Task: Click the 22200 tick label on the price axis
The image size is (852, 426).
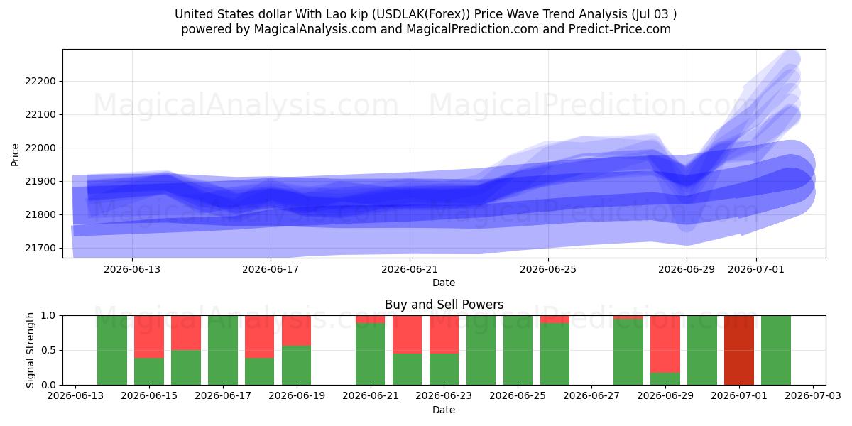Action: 40,81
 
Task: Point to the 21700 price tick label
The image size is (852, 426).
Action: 40,248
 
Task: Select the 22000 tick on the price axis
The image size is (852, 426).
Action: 40,148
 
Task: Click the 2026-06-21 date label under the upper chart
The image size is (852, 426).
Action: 410,269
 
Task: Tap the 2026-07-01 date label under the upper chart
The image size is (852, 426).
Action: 756,269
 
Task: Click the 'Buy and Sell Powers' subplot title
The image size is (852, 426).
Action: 444,305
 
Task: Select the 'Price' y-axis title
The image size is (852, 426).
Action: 15,155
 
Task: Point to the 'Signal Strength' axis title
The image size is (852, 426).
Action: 30,350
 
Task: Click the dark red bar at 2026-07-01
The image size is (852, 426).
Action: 739,350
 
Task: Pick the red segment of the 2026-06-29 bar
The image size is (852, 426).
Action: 665,344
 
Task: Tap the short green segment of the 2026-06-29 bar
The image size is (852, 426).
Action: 665,379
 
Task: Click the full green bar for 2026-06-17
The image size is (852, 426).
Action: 222,350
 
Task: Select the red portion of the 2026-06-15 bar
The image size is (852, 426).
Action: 149,337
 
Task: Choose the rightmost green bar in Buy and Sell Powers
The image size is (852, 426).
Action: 776,350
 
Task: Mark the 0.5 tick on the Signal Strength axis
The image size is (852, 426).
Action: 48,350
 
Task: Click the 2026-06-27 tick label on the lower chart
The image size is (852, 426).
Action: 591,395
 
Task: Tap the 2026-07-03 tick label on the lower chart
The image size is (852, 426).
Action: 813,395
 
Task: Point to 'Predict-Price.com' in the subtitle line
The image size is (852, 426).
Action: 620,29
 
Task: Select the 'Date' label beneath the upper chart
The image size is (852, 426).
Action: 444,283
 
